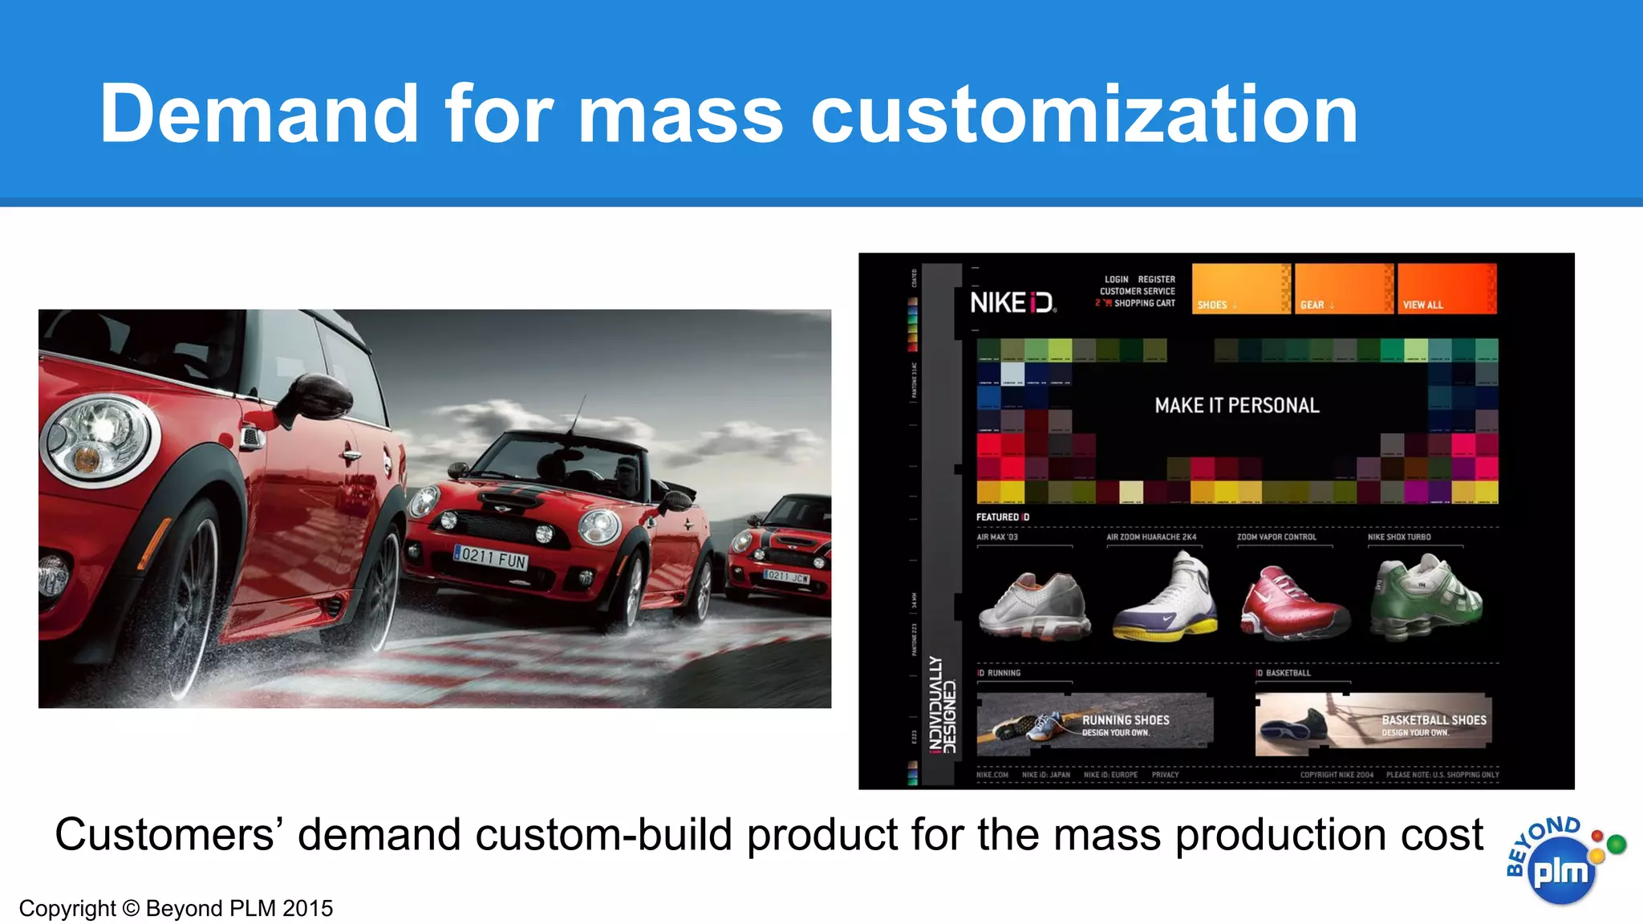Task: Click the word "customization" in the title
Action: (1084, 115)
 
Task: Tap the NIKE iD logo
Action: (1012, 302)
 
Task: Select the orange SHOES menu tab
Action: (1240, 289)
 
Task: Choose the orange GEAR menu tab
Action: (1343, 289)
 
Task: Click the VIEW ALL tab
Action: (1446, 289)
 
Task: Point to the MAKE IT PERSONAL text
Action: (1236, 406)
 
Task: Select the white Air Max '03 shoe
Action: (1034, 606)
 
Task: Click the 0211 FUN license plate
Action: (491, 557)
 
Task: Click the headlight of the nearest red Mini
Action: (98, 438)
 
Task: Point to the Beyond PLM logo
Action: (1561, 862)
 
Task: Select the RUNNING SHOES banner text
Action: (1125, 721)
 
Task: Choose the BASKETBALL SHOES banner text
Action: (1434, 721)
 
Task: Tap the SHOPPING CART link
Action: (1144, 303)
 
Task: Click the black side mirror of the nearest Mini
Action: (317, 398)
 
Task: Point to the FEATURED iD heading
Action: (1002, 517)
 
